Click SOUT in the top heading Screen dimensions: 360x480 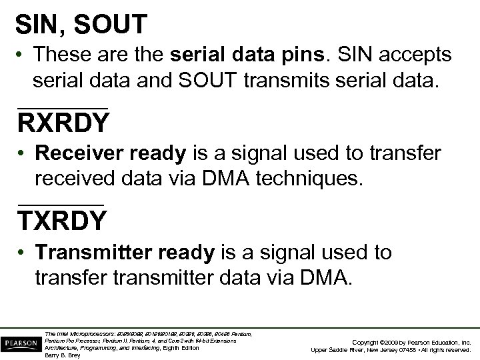111,25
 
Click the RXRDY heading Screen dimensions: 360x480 63,123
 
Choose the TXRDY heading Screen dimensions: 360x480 61,220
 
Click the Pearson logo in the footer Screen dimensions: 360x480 20,343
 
